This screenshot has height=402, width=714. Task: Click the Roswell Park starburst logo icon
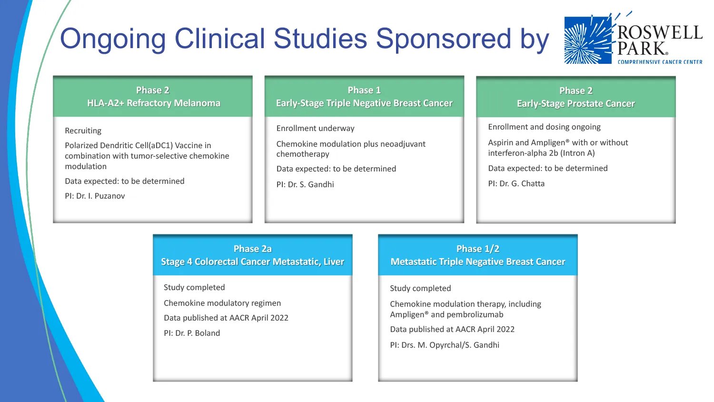click(x=588, y=40)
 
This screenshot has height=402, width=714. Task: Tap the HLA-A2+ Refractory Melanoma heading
click(x=153, y=103)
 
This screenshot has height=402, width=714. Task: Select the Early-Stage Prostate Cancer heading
click(x=575, y=103)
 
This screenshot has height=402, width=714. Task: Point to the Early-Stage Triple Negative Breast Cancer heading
click(x=364, y=103)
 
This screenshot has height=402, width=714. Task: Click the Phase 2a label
click(x=252, y=249)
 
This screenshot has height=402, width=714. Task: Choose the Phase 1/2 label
click(x=477, y=249)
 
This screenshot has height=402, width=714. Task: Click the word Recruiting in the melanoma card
click(x=83, y=131)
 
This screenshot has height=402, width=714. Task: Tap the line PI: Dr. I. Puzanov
click(x=95, y=196)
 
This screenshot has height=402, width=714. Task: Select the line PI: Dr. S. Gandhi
click(x=305, y=184)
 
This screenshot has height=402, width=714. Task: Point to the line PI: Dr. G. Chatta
click(x=516, y=183)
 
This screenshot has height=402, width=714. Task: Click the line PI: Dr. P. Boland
click(x=192, y=333)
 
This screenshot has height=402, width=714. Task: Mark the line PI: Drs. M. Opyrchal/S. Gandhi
click(x=445, y=345)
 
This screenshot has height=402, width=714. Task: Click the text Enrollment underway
click(x=315, y=128)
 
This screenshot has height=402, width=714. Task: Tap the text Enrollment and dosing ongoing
click(x=544, y=127)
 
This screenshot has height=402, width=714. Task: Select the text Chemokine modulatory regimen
click(x=222, y=303)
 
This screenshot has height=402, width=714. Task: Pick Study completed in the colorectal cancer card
click(x=194, y=287)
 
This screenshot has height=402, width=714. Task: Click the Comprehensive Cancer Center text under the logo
click(x=660, y=62)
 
